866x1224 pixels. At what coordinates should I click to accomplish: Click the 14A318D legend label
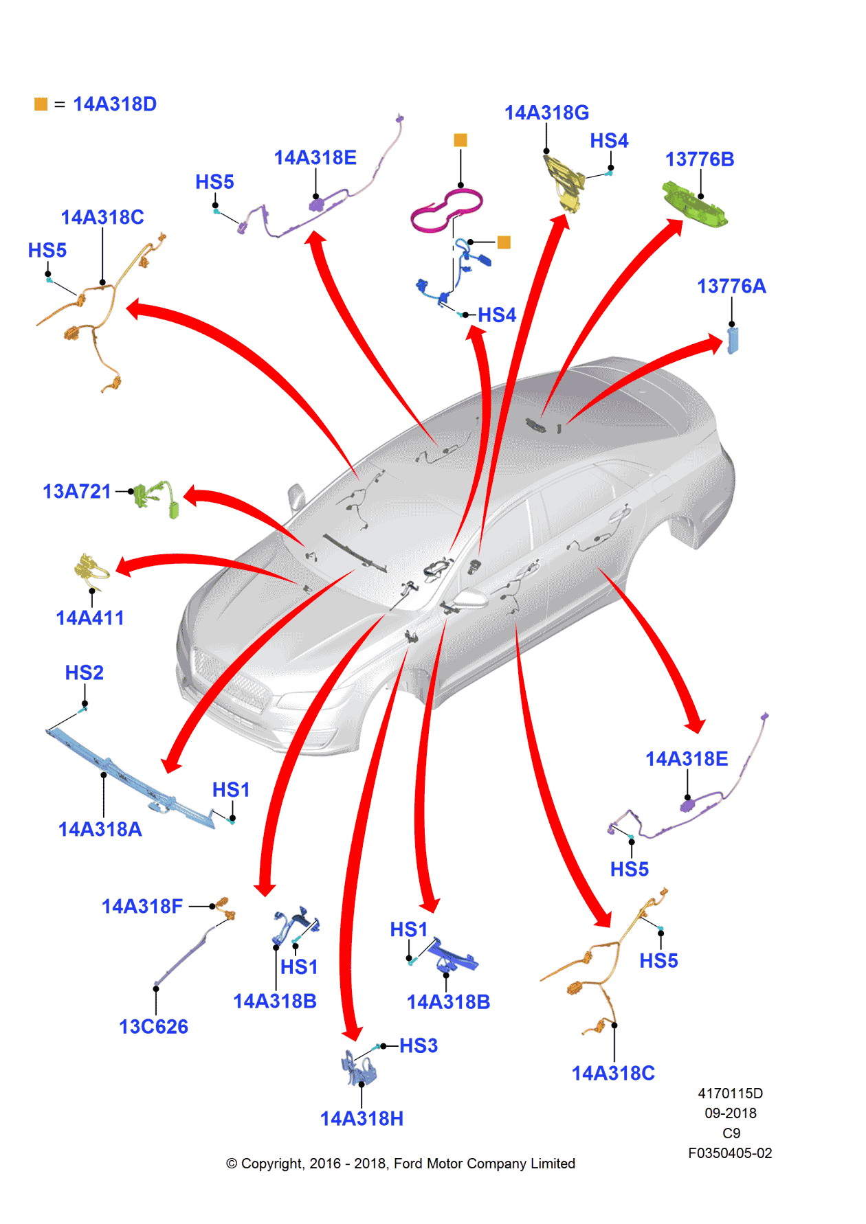pyautogui.click(x=115, y=104)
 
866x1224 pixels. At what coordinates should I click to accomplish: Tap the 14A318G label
pyautogui.click(x=546, y=113)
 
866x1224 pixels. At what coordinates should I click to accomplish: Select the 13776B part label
pyautogui.click(x=699, y=159)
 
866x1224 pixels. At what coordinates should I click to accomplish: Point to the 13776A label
pyautogui.click(x=731, y=286)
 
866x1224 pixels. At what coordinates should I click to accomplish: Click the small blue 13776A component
pyautogui.click(x=733, y=340)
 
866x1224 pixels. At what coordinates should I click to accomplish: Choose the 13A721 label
pyautogui.click(x=76, y=492)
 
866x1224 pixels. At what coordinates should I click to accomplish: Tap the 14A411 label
pyautogui.click(x=89, y=618)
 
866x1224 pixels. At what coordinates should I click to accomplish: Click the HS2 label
pyautogui.click(x=84, y=673)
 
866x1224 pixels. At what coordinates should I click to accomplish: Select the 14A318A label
pyautogui.click(x=100, y=830)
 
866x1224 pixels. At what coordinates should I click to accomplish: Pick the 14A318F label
pyautogui.click(x=142, y=907)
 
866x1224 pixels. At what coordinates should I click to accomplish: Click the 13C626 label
pyautogui.click(x=153, y=1027)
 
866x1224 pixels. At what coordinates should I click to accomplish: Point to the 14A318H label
pyautogui.click(x=362, y=1119)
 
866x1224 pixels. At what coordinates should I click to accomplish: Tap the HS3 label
pyautogui.click(x=418, y=1046)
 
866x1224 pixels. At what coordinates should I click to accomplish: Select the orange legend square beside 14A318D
pyautogui.click(x=41, y=104)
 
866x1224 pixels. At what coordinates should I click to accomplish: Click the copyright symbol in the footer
pyautogui.click(x=232, y=1164)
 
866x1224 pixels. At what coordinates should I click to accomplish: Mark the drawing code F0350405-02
pyautogui.click(x=730, y=1153)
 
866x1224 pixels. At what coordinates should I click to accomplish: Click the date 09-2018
pyautogui.click(x=730, y=1113)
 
